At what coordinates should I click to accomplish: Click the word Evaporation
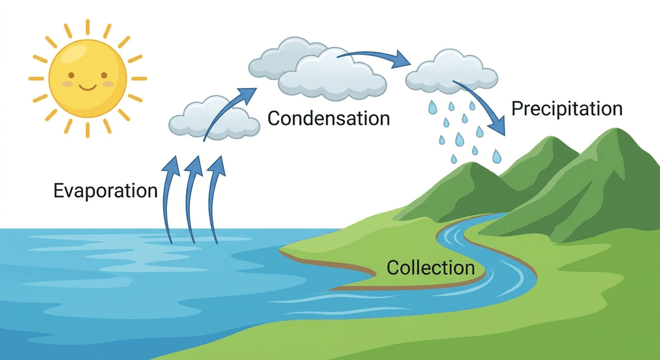(105, 191)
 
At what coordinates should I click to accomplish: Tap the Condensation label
(329, 119)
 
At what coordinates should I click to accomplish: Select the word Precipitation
(567, 109)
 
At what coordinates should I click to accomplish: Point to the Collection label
(431, 268)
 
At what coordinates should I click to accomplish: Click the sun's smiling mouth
(87, 87)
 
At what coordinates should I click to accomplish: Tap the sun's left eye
(71, 75)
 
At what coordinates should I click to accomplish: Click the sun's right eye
(104, 75)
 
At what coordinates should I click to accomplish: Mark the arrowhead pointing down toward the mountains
(497, 125)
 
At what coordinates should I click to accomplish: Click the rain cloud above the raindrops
(452, 72)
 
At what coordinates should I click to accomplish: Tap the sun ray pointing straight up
(87, 27)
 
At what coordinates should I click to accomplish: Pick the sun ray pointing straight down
(87, 130)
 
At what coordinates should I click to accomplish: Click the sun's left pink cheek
(67, 84)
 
